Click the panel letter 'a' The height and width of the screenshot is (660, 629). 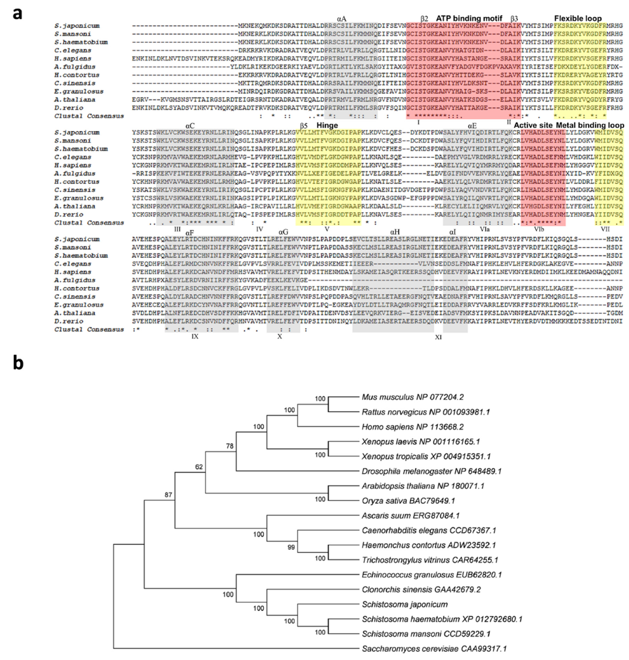coord(17,14)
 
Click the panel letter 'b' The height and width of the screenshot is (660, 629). coord(18,363)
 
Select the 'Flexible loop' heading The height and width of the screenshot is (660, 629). coord(578,18)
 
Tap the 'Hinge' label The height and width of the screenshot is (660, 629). coord(327,125)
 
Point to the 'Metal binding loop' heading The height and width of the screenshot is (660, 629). coord(590,125)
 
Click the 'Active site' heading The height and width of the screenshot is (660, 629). coord(533,125)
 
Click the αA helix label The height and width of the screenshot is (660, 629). coord(341,19)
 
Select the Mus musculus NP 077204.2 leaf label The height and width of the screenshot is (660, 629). coord(412,397)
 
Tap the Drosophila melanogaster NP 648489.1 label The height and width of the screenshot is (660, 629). coord(431,471)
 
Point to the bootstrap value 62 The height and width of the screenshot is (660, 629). coord(199,467)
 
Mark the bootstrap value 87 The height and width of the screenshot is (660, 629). coord(168,495)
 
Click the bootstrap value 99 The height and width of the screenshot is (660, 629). coord(291,547)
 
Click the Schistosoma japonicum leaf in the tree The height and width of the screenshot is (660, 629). coord(404,604)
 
